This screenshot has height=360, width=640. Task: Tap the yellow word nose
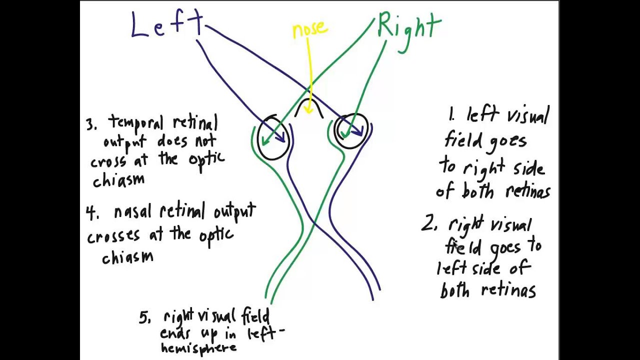click(x=309, y=29)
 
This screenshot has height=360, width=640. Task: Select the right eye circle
click(x=351, y=131)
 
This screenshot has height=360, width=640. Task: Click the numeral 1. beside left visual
click(x=451, y=115)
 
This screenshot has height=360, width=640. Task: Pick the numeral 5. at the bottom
click(x=144, y=318)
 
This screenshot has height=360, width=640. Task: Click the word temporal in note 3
click(x=135, y=123)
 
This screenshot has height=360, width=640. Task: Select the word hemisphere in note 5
click(x=198, y=348)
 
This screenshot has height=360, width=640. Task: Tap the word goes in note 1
click(x=507, y=141)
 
